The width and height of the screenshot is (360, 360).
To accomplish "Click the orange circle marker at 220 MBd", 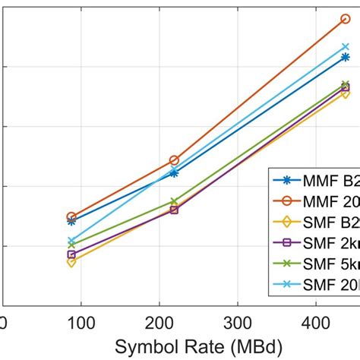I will [174, 160].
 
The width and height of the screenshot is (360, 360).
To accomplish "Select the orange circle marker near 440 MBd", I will [345, 18].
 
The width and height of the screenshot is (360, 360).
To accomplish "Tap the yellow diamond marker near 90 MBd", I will [71, 262].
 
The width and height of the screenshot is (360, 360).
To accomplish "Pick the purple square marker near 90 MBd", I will [71, 254].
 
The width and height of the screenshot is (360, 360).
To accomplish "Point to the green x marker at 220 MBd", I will [174, 201].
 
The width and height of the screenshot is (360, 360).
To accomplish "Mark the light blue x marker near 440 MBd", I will [345, 47].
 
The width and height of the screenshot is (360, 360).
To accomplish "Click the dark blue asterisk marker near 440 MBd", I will [345, 57].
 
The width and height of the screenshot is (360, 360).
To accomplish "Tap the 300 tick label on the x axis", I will [240, 322].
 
